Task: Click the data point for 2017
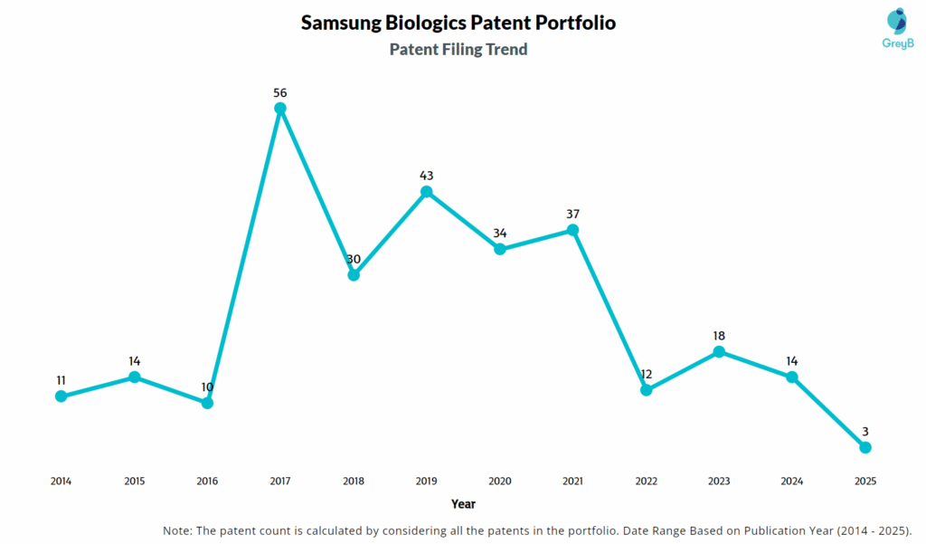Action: coord(280,109)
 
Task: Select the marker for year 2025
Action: coord(865,447)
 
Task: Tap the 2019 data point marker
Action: coord(427,192)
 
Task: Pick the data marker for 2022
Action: coord(646,390)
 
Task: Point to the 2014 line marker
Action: coord(61,396)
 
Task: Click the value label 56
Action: coord(280,92)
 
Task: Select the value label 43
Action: coord(427,175)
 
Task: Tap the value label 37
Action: coord(572,214)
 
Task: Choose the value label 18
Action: coord(719,335)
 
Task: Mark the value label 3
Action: coord(865,431)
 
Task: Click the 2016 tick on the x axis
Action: coord(207,481)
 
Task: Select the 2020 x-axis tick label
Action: coord(499,481)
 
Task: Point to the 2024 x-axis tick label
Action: coord(792,481)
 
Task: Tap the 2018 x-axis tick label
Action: coord(354,481)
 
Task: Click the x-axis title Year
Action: coord(463,503)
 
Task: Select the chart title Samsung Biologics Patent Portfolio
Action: coord(458,23)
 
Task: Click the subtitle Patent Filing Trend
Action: coord(458,50)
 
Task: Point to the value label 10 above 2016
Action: coord(207,387)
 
